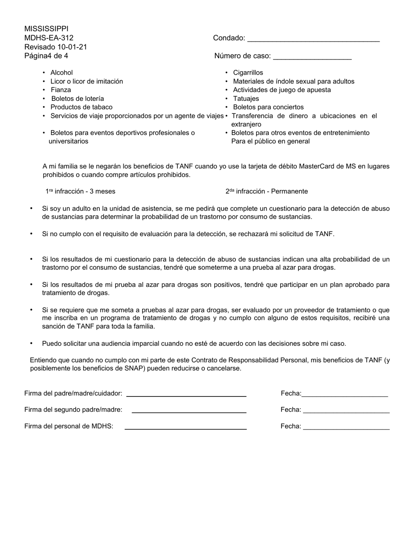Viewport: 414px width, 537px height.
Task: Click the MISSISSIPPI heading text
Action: [x=46, y=29]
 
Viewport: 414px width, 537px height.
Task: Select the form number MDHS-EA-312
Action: [x=49, y=38]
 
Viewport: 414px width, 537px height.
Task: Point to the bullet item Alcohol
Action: [x=61, y=73]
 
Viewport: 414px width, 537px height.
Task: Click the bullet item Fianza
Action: [x=61, y=90]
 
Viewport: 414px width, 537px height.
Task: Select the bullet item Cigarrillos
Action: [x=248, y=73]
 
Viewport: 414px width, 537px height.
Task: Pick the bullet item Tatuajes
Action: [x=246, y=99]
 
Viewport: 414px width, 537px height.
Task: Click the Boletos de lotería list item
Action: [x=78, y=99]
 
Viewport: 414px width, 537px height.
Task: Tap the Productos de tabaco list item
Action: [x=81, y=107]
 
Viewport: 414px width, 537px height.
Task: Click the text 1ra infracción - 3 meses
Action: [x=81, y=192]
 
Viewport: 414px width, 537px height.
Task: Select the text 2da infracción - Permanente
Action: [x=267, y=192]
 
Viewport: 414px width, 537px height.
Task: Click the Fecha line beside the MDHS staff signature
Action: [x=346, y=428]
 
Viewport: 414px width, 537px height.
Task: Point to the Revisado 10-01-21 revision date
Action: [x=56, y=47]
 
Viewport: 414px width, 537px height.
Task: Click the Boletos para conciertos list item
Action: [x=268, y=107]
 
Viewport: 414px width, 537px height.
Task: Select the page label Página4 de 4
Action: [x=46, y=56]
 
